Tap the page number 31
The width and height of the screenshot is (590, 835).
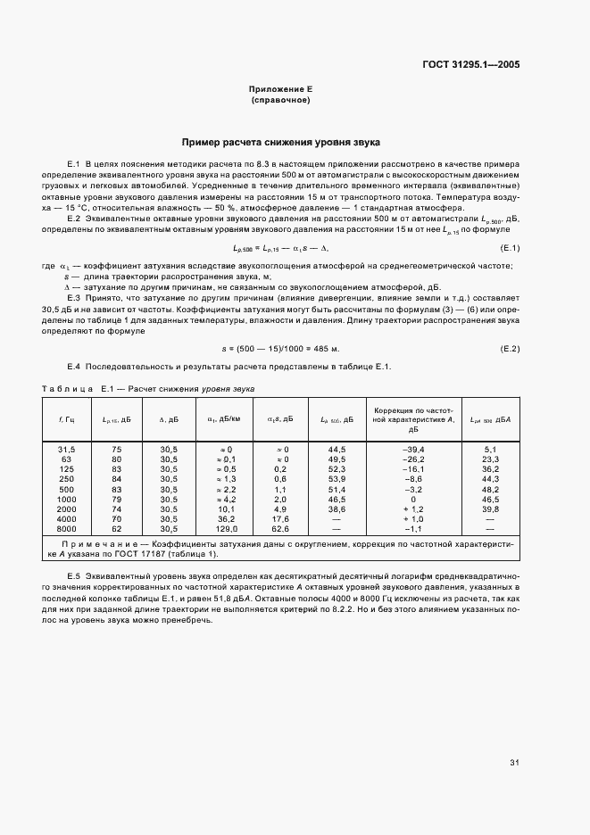point(514,763)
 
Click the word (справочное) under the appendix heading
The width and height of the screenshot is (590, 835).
point(281,101)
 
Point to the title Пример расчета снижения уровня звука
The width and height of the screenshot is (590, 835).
point(281,142)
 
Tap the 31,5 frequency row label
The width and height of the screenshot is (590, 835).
point(66,449)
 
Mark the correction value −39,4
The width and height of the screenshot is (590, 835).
point(413,449)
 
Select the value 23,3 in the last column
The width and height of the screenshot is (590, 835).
point(490,459)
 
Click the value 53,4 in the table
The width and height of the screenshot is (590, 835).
point(337,478)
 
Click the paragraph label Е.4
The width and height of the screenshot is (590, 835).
point(74,368)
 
